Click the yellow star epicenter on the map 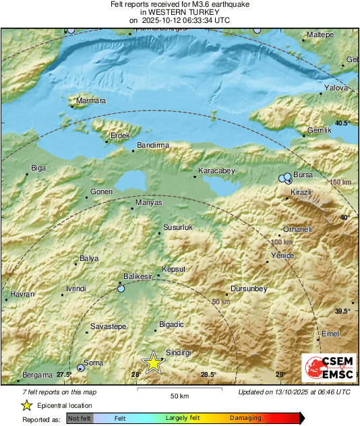pos(154,362)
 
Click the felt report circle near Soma pos(81,367)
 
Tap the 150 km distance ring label pos(340,183)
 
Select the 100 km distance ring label pos(281,241)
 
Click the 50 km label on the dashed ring pos(221,301)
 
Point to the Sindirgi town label pos(179,353)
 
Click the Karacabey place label pos(216,171)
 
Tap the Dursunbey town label pos(249,288)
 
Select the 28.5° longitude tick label pos(208,375)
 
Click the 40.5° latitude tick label pos(342,123)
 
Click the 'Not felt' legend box pos(79,418)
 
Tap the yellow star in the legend pos(26,405)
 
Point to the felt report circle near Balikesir pos(121,288)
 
